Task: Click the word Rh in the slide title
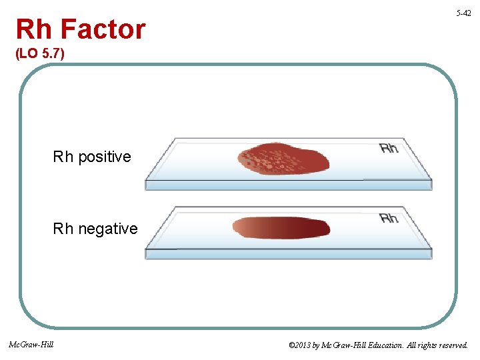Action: pos(33,29)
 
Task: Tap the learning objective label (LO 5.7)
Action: pos(40,54)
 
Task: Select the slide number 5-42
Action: pos(464,13)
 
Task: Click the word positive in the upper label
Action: pos(105,157)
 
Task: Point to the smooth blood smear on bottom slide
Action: pos(281,227)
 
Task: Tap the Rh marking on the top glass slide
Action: pos(389,148)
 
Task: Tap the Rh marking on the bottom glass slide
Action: pos(389,218)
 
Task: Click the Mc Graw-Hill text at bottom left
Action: pos(31,345)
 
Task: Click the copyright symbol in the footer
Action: pos(292,346)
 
